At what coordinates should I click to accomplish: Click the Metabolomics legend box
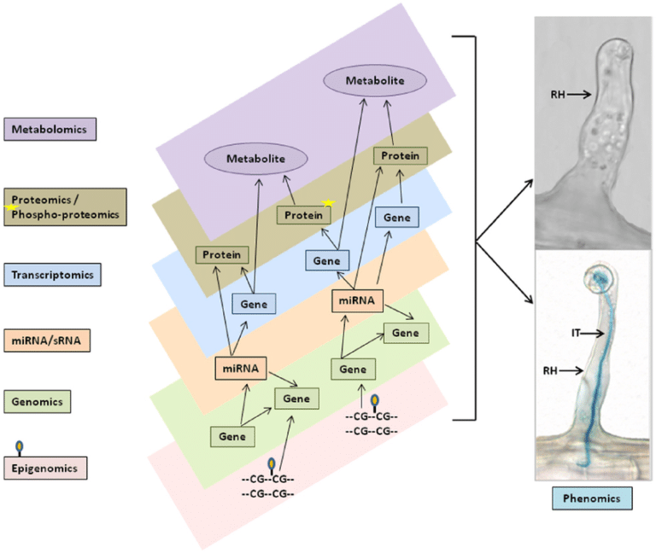(x=50, y=129)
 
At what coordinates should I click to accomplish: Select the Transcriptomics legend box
(x=52, y=275)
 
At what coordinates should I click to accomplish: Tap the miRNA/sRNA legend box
(x=47, y=341)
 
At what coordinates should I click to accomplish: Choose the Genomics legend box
(x=38, y=402)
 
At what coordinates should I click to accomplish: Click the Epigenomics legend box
(x=45, y=468)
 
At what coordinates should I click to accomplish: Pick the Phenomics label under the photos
(x=592, y=498)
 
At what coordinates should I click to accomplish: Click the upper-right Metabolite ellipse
(x=375, y=81)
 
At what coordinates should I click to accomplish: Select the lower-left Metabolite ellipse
(x=256, y=159)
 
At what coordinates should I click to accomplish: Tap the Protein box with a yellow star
(x=304, y=215)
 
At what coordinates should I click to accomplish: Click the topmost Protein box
(x=401, y=156)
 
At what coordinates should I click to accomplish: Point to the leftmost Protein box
(x=222, y=254)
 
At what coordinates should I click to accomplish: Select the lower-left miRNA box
(x=241, y=369)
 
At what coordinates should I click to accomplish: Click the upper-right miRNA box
(x=357, y=300)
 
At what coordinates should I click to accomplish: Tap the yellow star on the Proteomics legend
(x=11, y=207)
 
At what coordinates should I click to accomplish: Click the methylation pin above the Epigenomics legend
(x=20, y=448)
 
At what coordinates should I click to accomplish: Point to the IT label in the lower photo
(x=576, y=333)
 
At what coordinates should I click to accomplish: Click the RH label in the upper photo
(x=558, y=95)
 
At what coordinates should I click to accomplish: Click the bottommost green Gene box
(x=232, y=437)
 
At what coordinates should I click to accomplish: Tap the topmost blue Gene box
(x=397, y=218)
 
